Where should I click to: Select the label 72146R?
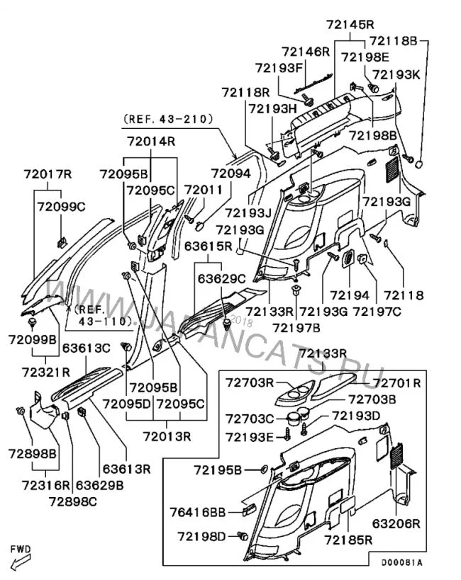[306, 51]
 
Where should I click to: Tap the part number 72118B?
[394, 40]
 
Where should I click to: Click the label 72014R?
[151, 142]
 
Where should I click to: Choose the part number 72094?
[230, 173]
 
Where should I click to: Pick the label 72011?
[204, 189]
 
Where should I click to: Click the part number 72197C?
[377, 311]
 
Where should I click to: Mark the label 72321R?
[45, 371]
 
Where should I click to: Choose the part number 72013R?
[167, 435]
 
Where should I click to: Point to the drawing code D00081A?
[403, 562]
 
